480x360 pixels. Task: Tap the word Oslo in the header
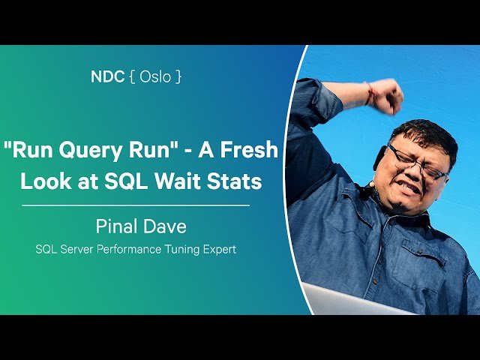[x=149, y=76]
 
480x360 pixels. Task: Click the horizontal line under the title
[x=135, y=205]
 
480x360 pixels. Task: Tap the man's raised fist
[x=386, y=96]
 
